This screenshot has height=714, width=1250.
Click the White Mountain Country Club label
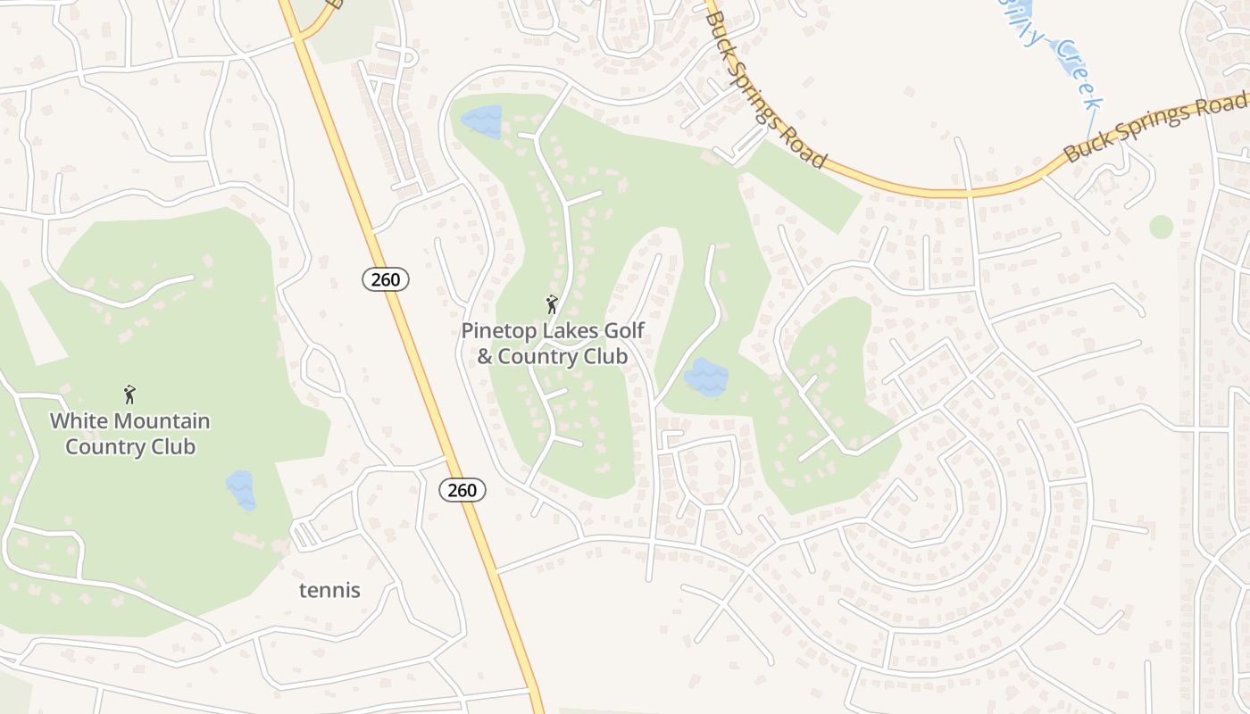[x=130, y=434]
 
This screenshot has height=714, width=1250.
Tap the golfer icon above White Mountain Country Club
[x=129, y=394]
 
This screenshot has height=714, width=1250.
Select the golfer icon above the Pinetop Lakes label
[x=552, y=304]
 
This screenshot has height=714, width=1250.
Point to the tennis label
[x=329, y=590]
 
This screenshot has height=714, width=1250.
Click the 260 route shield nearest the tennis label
[x=462, y=490]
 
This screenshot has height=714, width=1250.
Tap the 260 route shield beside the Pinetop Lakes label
[x=386, y=279]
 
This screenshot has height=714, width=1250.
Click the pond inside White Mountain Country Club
[x=241, y=490]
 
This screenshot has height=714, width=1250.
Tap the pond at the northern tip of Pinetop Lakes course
[x=481, y=121]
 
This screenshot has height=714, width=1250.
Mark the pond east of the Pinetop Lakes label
[x=706, y=378]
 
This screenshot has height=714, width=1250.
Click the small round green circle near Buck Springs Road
[x=1161, y=227]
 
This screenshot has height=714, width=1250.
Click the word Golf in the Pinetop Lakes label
[x=623, y=331]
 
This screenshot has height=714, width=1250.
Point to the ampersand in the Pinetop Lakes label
[x=485, y=357]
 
